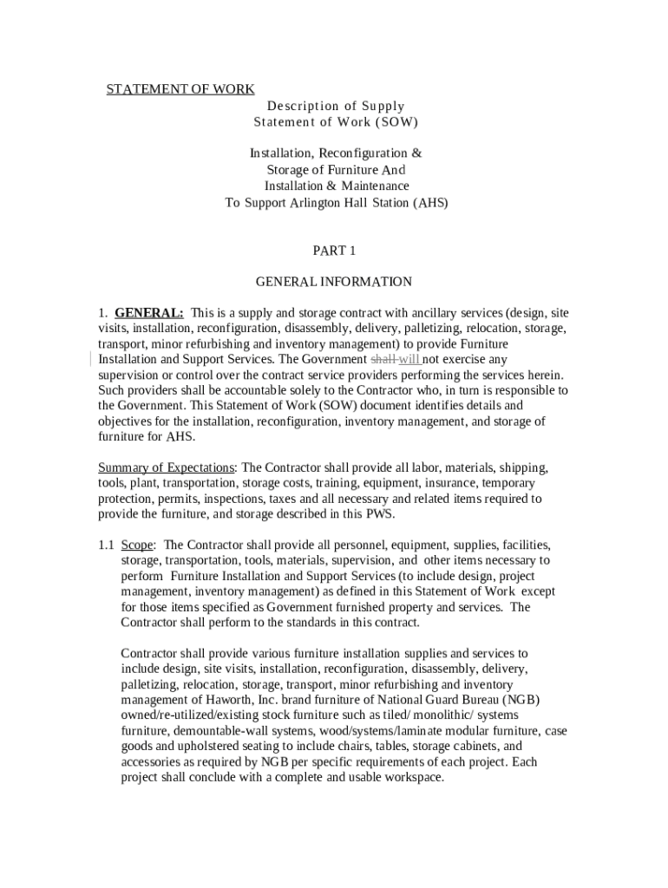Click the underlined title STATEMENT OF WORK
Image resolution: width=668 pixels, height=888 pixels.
point(180,89)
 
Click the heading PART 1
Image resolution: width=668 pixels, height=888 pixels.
point(334,251)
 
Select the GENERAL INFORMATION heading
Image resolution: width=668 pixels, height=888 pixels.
point(334,282)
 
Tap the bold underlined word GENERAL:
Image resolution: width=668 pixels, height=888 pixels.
point(148,312)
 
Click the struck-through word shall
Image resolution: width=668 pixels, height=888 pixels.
point(383,359)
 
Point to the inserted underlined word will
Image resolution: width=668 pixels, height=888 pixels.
point(409,359)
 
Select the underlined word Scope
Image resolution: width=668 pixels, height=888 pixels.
point(136,545)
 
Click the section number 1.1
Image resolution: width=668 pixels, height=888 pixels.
point(106,545)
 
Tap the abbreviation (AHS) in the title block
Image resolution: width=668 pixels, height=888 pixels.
point(429,203)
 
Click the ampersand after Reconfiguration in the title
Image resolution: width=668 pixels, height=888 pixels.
point(416,153)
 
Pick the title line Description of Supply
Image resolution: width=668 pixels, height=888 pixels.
point(336,107)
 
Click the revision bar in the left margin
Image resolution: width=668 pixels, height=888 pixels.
point(90,359)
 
